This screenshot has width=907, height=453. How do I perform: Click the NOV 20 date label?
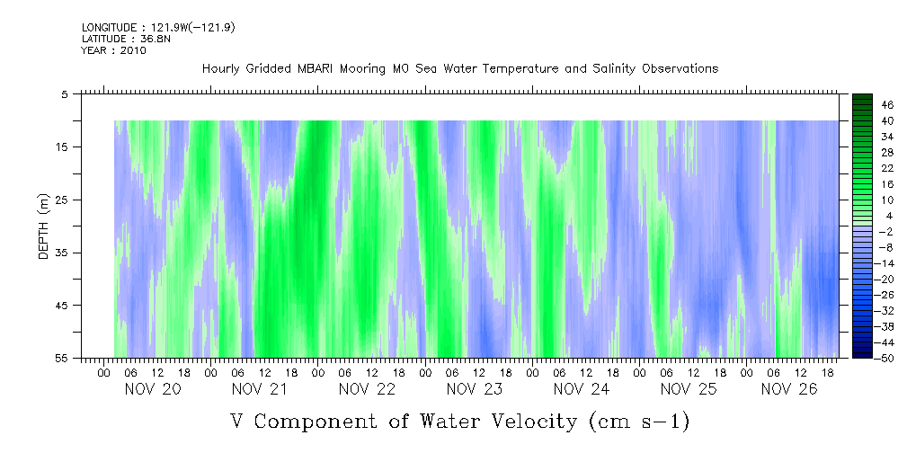153,389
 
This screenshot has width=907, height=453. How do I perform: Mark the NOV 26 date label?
789,389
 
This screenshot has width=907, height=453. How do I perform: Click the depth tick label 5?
65,93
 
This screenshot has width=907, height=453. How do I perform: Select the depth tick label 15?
62,147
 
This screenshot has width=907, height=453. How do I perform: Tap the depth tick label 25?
62,200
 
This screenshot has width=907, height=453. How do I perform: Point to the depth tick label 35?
62,253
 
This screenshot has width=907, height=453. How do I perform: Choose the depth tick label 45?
62,306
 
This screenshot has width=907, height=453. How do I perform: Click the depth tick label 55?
62,358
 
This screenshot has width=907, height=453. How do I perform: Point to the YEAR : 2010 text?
113,50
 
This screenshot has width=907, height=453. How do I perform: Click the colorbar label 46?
863,105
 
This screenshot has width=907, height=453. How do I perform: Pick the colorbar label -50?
861,358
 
